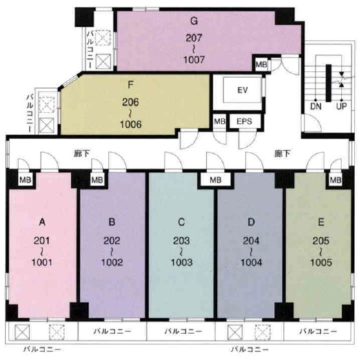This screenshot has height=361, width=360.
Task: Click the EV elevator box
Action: [243, 90]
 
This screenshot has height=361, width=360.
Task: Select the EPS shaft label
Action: [245, 121]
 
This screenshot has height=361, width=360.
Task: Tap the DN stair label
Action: [316, 106]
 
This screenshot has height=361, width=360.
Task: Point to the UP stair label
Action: [341, 106]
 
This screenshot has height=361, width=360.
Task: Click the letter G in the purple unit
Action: [194, 21]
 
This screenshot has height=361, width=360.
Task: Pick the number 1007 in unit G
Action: [194, 60]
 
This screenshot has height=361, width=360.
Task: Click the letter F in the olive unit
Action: [130, 85]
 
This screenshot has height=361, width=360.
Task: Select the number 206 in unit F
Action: [130, 102]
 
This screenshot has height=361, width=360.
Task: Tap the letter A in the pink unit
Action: [42, 222]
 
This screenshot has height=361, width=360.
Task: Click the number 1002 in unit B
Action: [112, 262]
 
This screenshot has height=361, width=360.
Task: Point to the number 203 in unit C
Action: [182, 241]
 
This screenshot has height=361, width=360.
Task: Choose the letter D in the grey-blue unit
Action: [251, 222]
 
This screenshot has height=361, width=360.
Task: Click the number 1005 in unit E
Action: [321, 262]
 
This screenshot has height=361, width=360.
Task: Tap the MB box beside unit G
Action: [261, 64]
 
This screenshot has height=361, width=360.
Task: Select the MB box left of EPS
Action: [219, 121]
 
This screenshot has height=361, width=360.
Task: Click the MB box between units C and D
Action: [215, 180]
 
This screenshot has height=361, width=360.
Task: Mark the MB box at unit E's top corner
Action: [335, 180]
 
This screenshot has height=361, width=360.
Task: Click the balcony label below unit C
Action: [183, 332]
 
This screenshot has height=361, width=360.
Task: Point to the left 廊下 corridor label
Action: [82, 154]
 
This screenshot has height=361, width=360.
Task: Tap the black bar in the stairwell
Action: [328, 83]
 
